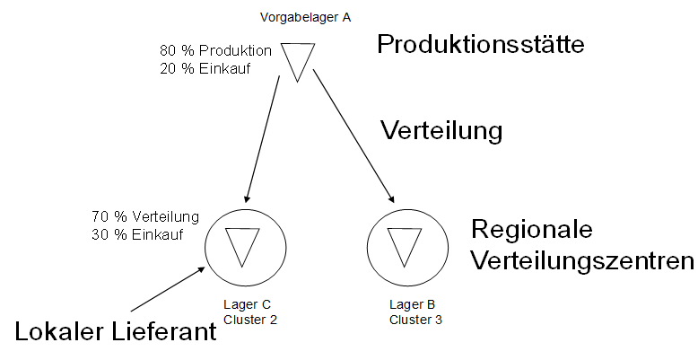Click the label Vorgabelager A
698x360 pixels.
tap(305, 17)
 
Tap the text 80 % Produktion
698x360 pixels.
tap(216, 49)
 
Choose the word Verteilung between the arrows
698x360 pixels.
tap(441, 131)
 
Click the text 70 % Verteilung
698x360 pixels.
tap(144, 217)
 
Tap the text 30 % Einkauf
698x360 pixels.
tap(137, 235)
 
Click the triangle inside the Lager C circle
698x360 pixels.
tap(242, 244)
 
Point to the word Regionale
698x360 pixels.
tap(532, 230)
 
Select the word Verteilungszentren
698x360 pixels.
tap(583, 261)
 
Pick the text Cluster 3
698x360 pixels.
tap(415, 320)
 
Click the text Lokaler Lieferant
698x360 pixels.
tap(116, 333)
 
